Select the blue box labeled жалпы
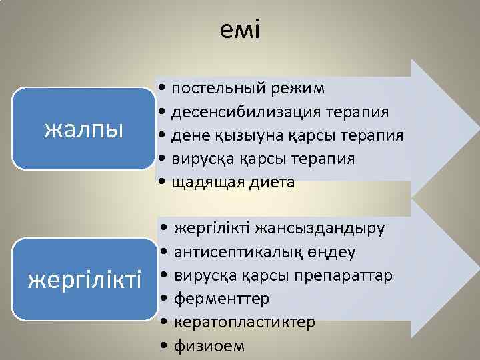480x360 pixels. coord(84,129)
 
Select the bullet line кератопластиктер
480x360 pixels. coord(244,323)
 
